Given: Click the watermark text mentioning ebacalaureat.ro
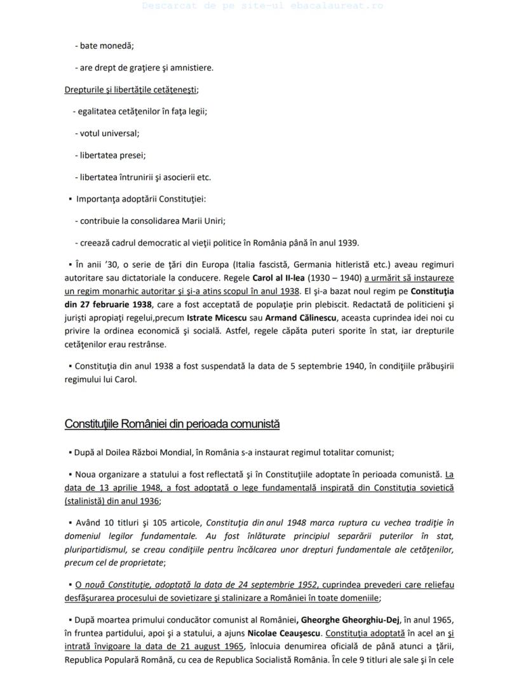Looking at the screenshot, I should [262, 6].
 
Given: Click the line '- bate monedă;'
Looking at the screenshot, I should [104, 46].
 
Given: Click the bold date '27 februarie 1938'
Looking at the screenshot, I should [103, 305].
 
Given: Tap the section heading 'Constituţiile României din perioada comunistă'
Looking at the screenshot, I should [172, 424].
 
